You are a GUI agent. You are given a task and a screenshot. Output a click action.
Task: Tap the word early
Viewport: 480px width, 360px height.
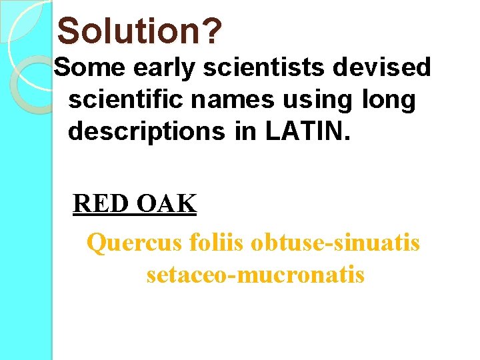point(154,67)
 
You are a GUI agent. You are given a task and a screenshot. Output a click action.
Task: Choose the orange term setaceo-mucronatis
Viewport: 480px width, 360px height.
point(255,274)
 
